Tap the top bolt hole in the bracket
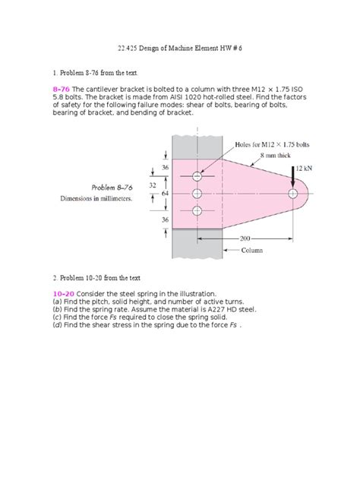[197, 176]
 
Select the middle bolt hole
[197, 194]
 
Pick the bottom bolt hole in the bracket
[197, 212]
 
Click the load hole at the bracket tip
[293, 194]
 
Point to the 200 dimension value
[245, 238]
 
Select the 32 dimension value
[152, 185]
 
